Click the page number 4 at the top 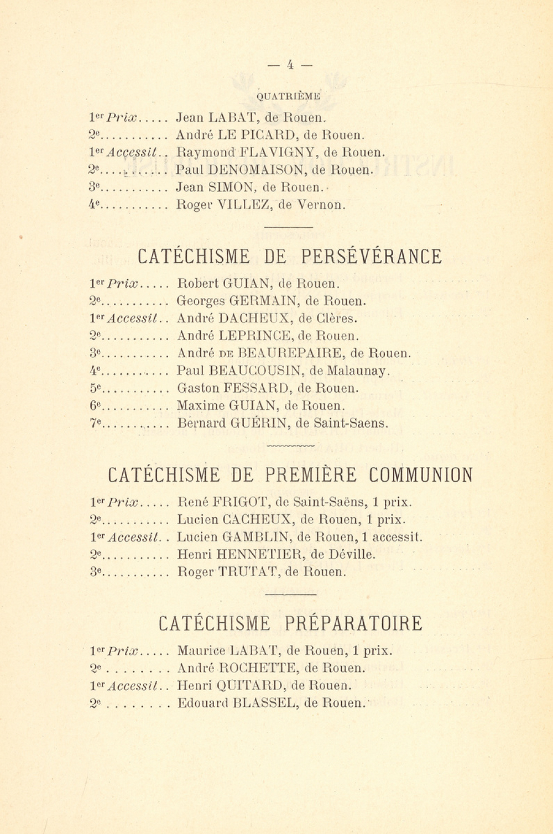click(290, 65)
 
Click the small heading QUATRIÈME click(289, 96)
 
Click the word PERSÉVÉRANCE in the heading click(372, 257)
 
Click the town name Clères click(336, 319)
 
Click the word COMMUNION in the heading click(421, 475)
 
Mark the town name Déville click(351, 554)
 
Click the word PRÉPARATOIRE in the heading click(354, 623)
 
